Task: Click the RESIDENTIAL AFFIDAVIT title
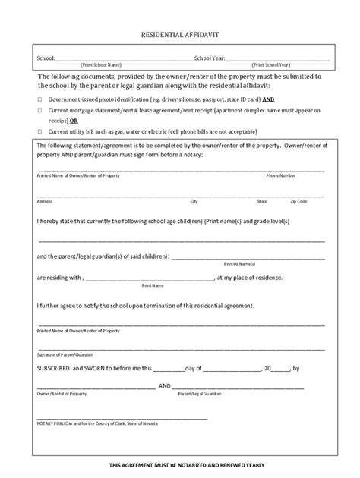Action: pyautogui.click(x=179, y=36)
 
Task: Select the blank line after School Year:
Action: pyautogui.click(x=278, y=58)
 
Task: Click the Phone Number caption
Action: pyautogui.click(x=280, y=175)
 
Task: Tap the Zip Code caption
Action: pyautogui.click(x=298, y=201)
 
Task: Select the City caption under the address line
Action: pyautogui.click(x=194, y=201)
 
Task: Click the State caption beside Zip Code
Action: pyautogui.click(x=262, y=201)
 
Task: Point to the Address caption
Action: pyautogui.click(x=44, y=201)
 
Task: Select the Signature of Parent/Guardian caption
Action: pyautogui.click(x=65, y=355)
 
